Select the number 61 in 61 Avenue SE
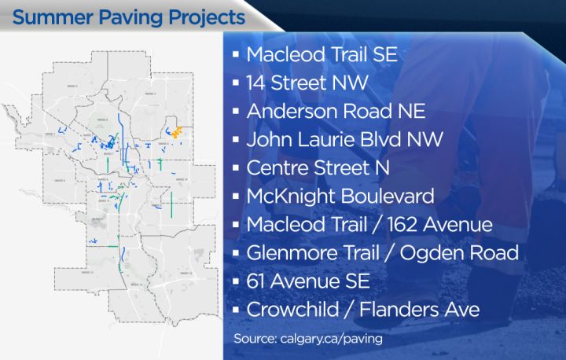tap(257, 281)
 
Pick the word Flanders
tap(399, 310)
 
